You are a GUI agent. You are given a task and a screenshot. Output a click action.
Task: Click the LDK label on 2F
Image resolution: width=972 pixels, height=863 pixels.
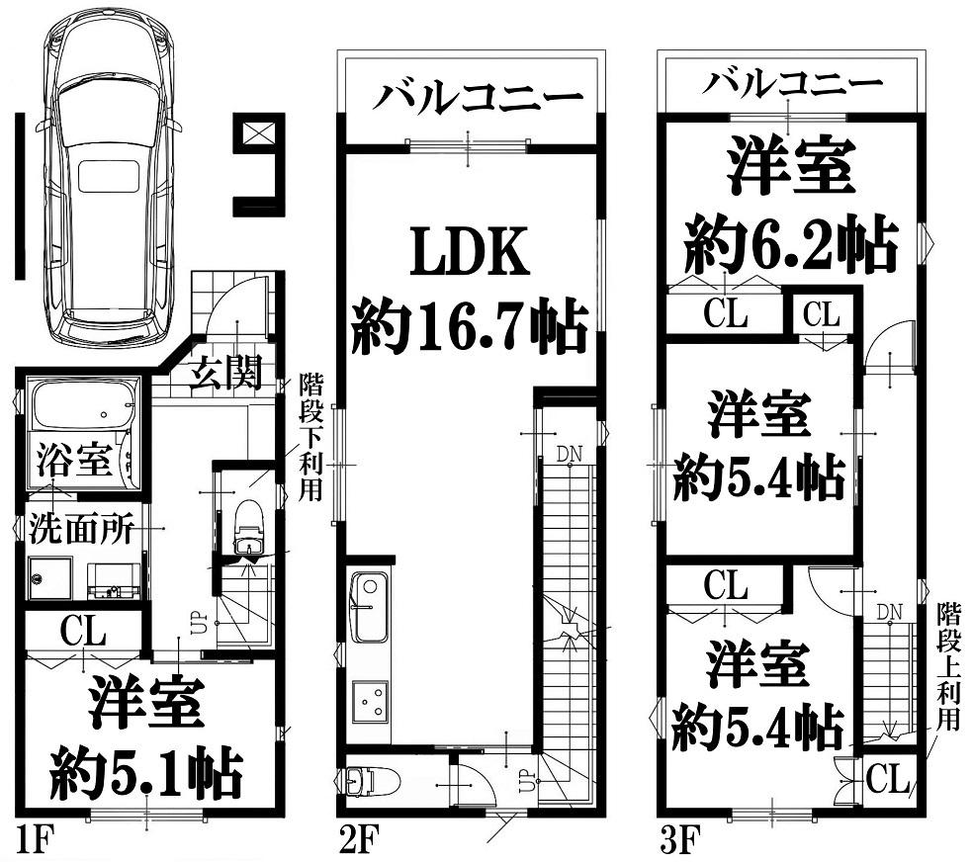[471, 252]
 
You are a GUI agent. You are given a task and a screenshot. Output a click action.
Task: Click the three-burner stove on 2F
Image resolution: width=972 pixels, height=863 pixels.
[370, 702]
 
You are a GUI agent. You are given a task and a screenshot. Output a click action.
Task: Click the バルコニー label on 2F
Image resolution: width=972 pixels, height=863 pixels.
[478, 98]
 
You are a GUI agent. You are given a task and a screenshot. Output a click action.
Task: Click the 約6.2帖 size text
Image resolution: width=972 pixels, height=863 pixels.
[790, 245]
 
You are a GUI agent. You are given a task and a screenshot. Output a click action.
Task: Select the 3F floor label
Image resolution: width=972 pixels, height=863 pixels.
[679, 840]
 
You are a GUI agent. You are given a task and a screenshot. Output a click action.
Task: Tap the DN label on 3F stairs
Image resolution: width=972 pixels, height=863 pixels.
[889, 613]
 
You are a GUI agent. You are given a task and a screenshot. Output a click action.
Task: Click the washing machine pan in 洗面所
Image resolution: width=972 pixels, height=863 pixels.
[50, 578]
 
